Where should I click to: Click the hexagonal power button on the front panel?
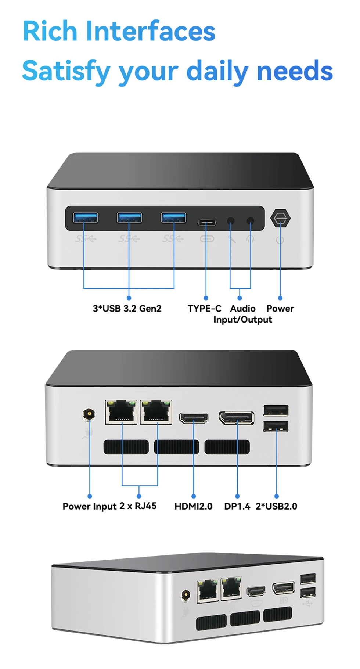point(280,218)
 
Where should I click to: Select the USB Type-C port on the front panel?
point(207,222)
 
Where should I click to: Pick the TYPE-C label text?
point(205,308)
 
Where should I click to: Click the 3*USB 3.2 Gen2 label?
point(127,308)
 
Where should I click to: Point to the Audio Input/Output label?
point(243,314)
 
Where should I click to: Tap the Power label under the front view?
point(280,308)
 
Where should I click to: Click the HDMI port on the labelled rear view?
point(194,418)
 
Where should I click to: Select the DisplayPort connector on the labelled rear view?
point(237,418)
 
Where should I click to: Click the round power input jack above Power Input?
point(89,414)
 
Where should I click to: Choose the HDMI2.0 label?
point(194,506)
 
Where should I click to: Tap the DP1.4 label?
point(237,506)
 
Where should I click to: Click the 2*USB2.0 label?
point(277,506)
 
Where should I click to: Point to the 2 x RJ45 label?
point(138,506)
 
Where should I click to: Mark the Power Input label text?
point(90,507)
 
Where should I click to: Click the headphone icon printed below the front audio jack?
point(251,239)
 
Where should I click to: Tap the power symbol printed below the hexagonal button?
point(280,240)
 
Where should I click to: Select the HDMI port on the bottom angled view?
point(256,591)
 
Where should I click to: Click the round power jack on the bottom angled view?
point(186,595)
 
